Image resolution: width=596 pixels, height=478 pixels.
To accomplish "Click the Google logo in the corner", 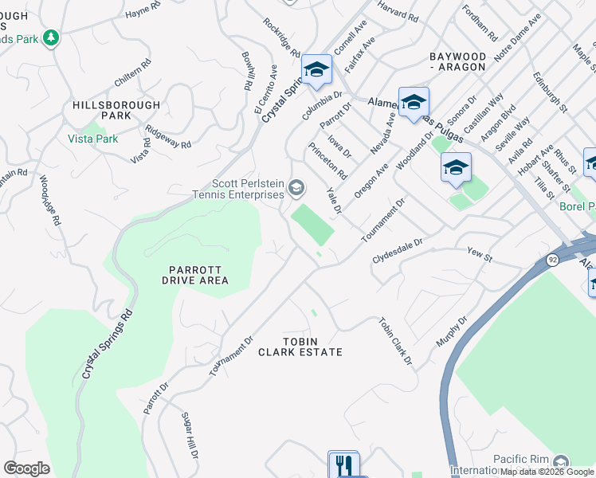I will tap(26, 468).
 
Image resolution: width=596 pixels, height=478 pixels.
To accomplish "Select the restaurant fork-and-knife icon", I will tap(343, 464).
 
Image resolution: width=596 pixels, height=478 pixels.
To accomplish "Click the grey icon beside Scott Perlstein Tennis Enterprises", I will tap(296, 189).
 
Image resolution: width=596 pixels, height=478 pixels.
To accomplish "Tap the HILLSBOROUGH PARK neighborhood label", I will tap(116, 111).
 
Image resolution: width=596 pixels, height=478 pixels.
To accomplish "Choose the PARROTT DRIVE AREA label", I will tap(195, 275).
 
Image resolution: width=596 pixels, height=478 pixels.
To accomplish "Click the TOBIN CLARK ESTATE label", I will tap(300, 347).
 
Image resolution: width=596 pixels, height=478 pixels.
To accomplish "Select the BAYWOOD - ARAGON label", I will tap(457, 62).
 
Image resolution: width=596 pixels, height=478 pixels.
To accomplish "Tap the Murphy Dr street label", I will tap(450, 331).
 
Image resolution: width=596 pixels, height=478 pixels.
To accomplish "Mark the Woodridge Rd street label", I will tap(44, 199).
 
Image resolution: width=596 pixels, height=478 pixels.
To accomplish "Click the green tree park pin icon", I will tap(52, 38).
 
